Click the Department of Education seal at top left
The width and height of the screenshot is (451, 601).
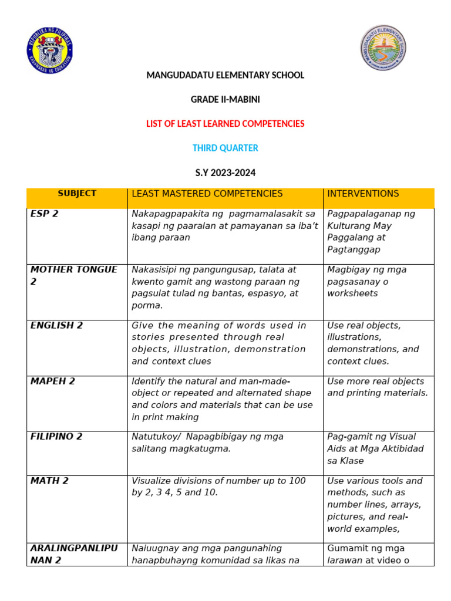49,48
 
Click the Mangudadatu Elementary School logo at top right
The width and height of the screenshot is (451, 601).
383,48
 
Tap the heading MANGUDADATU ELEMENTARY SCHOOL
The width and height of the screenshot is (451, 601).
225,75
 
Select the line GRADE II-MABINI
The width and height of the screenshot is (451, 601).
225,100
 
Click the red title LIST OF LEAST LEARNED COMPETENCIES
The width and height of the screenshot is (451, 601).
225,124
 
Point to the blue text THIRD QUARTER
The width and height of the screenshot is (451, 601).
225,148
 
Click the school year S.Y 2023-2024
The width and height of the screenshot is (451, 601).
225,173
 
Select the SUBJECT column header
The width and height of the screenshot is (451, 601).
77,193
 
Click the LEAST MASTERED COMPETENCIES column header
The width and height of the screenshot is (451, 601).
207,194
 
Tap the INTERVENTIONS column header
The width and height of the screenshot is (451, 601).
363,194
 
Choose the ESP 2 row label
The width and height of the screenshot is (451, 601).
45,214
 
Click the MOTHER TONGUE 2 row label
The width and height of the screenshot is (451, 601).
74,275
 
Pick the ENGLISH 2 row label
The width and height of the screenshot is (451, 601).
56,325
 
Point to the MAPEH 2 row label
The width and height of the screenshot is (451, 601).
53,381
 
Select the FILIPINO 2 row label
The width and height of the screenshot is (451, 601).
56,436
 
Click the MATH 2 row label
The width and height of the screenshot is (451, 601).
49,481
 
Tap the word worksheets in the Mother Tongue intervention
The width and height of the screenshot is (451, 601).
352,293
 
